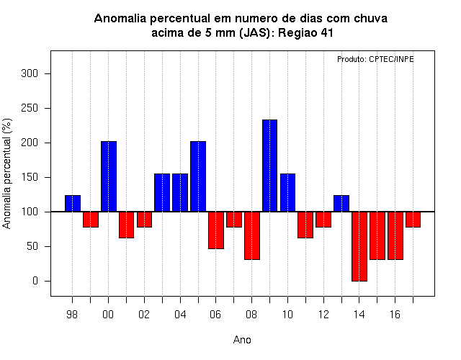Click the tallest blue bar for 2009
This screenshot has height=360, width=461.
point(269,166)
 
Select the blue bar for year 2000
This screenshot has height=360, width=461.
point(109,176)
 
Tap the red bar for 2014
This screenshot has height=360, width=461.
point(359,246)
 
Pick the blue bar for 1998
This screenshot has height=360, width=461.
point(73,203)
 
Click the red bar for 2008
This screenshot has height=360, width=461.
point(252,235)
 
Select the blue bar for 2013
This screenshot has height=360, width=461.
point(341,203)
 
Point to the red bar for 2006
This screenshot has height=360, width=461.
point(216,230)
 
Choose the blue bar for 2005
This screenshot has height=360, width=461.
point(198,176)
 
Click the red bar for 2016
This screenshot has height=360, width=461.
point(395,235)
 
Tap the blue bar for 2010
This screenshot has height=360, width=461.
point(287,192)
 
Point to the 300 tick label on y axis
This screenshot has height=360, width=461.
point(30,73)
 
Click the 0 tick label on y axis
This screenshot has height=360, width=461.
point(35,281)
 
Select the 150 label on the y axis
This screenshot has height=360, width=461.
point(30,177)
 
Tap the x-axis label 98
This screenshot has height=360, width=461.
point(72,315)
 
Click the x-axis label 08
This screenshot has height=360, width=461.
point(251,315)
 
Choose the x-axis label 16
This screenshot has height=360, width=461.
point(395,315)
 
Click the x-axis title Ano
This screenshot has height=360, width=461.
point(242,340)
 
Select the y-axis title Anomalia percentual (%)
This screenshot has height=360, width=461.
point(6,174)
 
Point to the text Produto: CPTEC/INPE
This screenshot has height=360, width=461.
point(375,59)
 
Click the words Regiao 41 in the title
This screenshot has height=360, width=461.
point(305,33)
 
